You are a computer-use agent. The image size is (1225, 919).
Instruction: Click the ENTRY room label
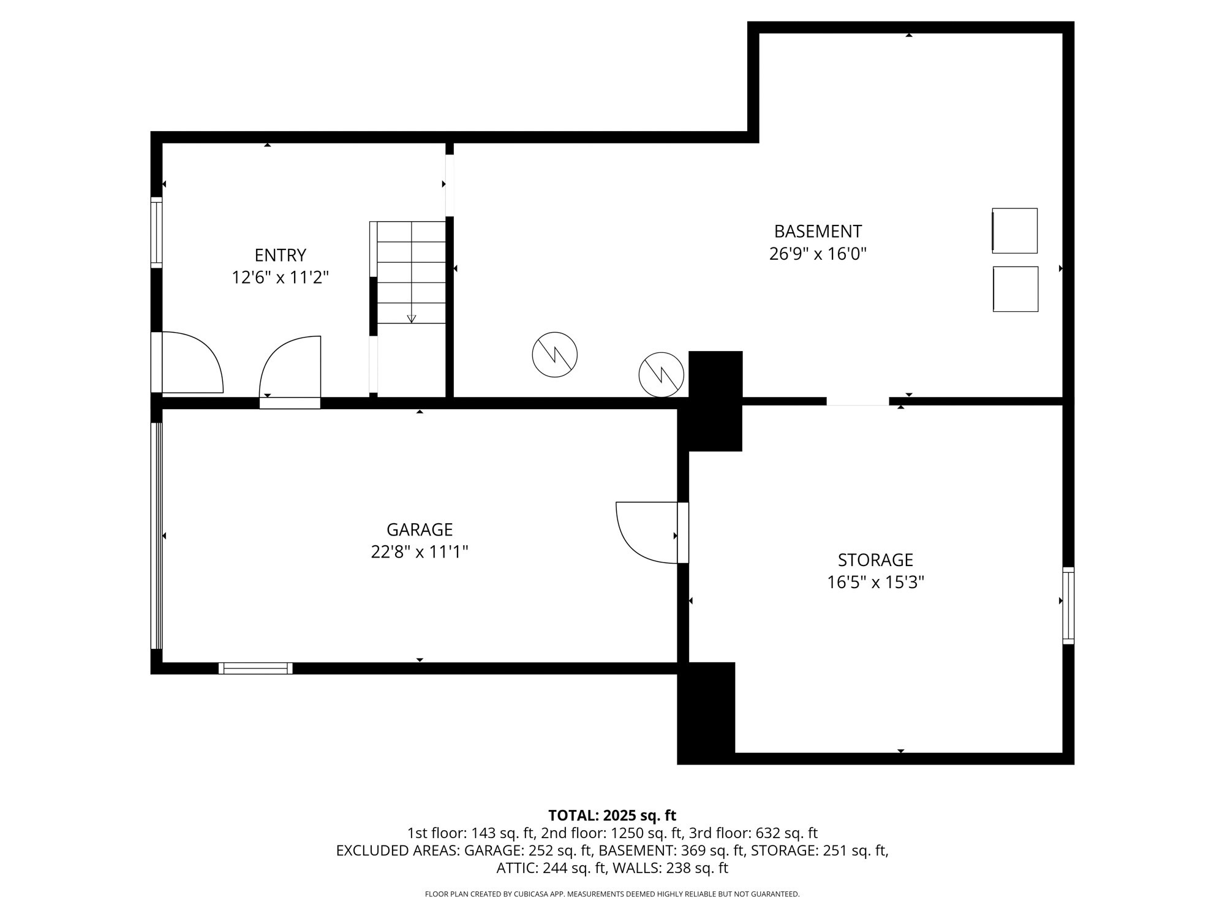click(280, 255)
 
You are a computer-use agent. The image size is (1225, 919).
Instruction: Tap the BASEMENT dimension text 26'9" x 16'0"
click(818, 254)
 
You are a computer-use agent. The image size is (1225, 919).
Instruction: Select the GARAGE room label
click(420, 529)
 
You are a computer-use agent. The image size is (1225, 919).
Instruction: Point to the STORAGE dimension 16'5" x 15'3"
click(875, 582)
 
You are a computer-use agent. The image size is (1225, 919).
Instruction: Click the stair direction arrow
click(412, 318)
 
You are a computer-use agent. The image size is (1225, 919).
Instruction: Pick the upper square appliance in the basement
click(1015, 230)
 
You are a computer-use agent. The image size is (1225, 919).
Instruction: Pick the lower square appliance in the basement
click(1016, 289)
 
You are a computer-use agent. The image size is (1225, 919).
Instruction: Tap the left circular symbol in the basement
click(554, 355)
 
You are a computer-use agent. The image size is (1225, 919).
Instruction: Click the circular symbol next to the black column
click(661, 374)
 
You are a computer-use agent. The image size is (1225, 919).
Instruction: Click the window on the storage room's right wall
click(1068, 605)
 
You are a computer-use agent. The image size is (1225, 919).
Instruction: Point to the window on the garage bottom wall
click(255, 668)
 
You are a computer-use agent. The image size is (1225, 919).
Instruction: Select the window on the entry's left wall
click(157, 232)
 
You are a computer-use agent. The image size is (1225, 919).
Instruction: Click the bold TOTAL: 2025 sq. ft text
click(612, 815)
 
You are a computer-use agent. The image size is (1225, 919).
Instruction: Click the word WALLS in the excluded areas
click(634, 868)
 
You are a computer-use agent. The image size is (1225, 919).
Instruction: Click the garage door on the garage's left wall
click(157, 535)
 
